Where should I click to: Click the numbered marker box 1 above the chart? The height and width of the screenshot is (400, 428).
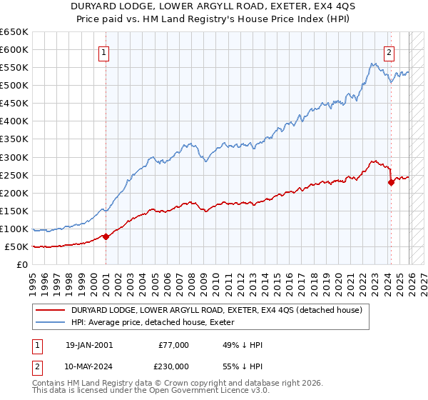[x=104, y=52]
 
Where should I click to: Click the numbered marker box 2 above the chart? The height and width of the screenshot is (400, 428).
[x=389, y=52]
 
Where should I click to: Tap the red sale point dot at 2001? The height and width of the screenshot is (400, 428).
[x=106, y=236]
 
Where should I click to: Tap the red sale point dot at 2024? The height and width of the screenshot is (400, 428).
[x=391, y=182]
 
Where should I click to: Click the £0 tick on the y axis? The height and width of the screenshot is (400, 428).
[x=23, y=265]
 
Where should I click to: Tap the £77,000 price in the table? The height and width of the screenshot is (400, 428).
[x=173, y=345]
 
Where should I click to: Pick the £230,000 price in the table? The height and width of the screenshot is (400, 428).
[x=173, y=365]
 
